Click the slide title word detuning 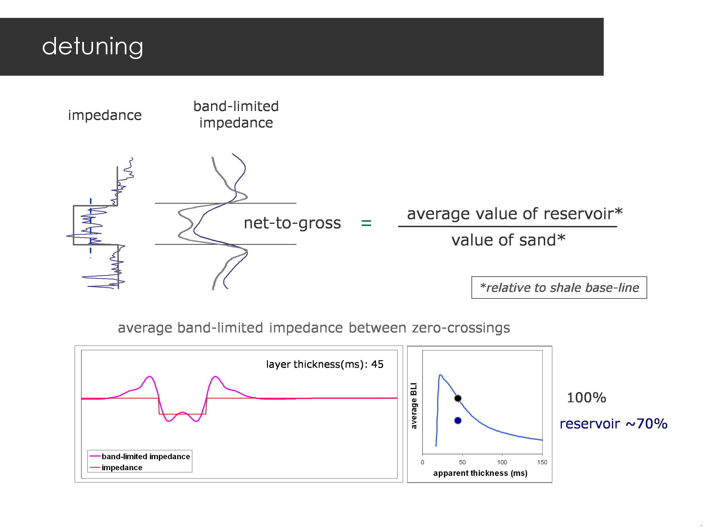(92, 47)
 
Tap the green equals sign (366, 223)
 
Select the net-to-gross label (292, 223)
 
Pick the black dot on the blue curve (458, 398)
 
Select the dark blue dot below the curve (458, 421)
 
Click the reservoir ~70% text (613, 424)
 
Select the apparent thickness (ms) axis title (480, 473)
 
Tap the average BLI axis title (414, 406)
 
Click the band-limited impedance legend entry (145, 456)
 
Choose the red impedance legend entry (122, 467)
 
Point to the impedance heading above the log (105, 115)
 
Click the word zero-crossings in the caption (461, 328)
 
